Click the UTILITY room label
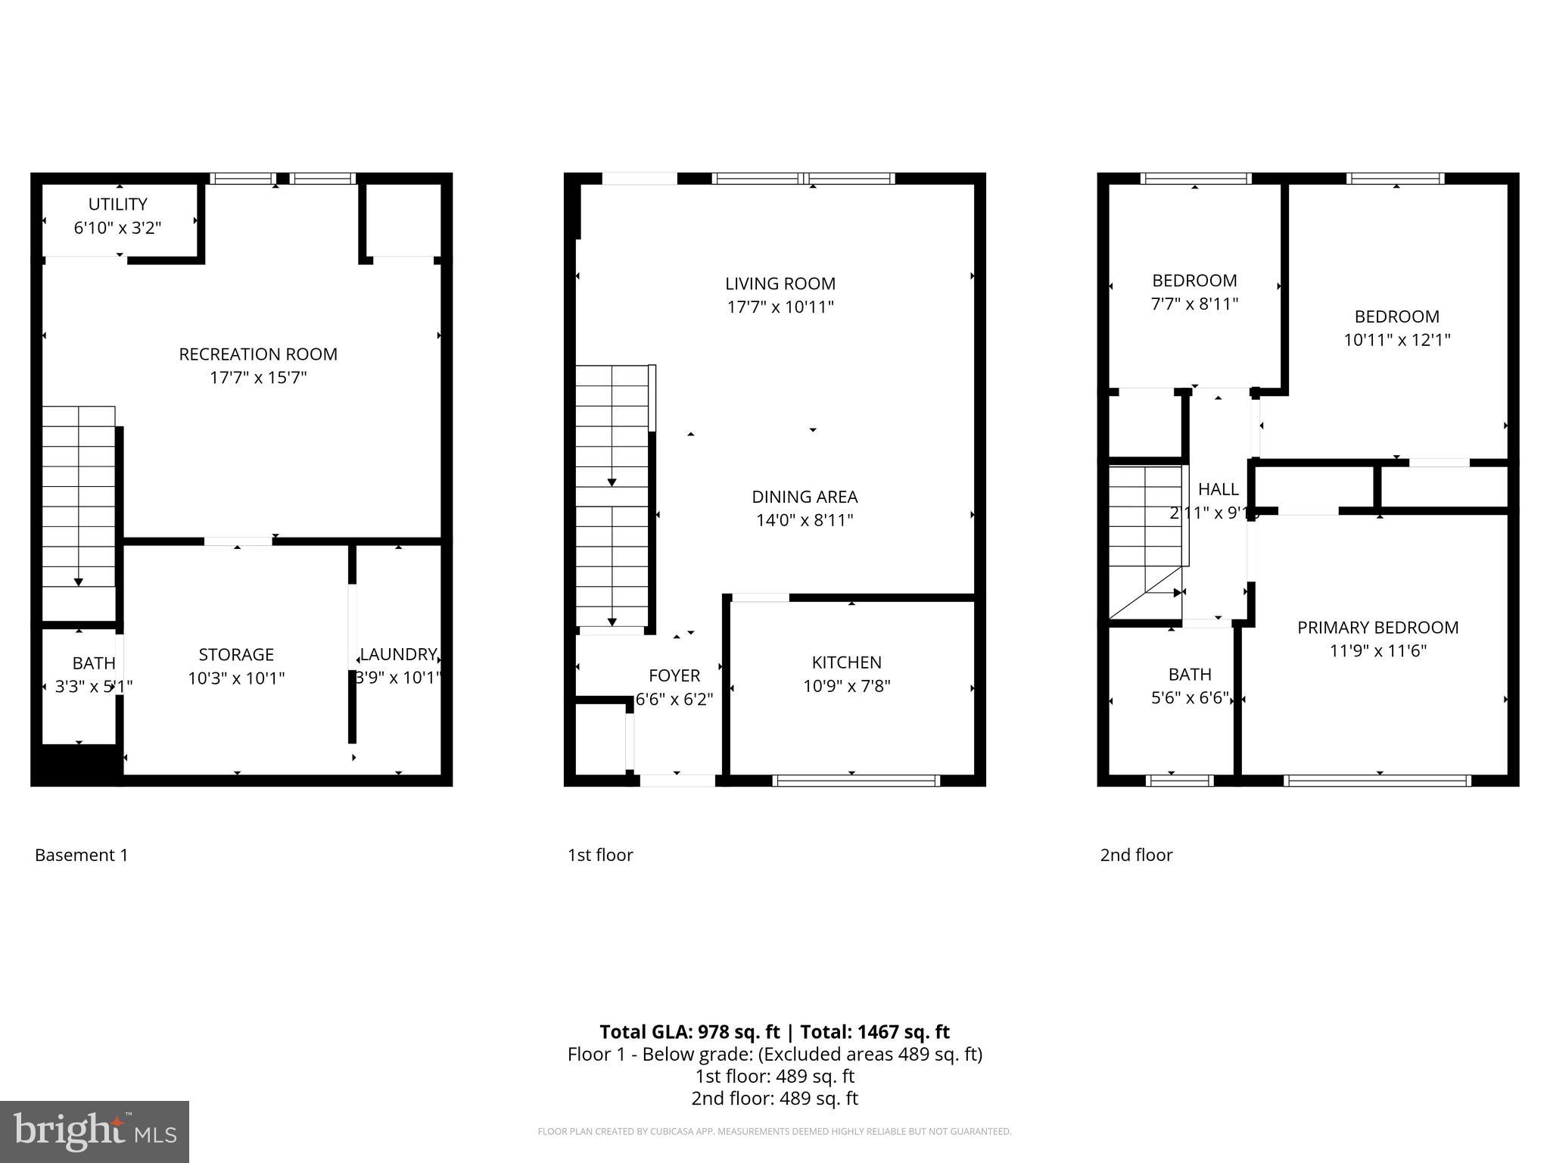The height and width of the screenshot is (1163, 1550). point(117,204)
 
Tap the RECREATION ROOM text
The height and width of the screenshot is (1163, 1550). point(258,354)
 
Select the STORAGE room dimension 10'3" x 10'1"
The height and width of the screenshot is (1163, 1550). point(236,678)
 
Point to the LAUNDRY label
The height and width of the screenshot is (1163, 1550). point(398,654)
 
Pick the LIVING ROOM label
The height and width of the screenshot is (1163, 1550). point(780,284)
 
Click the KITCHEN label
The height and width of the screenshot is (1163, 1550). point(846,663)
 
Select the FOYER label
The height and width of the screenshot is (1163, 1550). point(674,675)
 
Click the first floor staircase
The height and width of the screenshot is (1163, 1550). point(612,496)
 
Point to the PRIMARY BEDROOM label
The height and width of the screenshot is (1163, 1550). point(1377,628)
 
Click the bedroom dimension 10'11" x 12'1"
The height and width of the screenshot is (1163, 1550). point(1396,340)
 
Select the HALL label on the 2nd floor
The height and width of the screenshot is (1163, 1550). point(1219,489)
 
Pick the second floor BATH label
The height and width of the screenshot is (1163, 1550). point(1190,674)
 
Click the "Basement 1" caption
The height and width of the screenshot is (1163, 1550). point(82,855)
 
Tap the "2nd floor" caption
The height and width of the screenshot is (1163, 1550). point(1136,855)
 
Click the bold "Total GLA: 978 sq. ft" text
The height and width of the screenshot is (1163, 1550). point(689,1032)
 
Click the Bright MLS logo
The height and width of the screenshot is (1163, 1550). point(95,1132)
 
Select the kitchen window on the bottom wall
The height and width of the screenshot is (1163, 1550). point(856,781)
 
